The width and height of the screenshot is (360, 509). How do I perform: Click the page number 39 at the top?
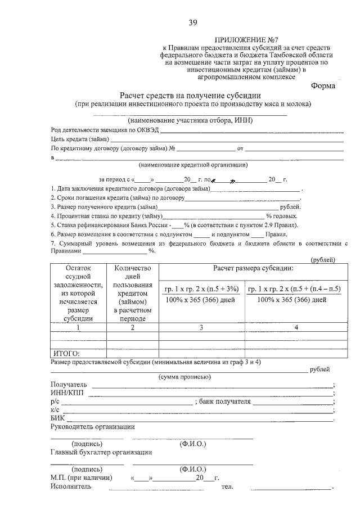point(192,22)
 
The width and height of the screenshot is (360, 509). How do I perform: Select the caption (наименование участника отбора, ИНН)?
point(191,120)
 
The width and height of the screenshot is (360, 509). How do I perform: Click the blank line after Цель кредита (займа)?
point(225,139)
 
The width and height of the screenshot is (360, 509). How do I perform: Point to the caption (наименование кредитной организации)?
point(193,165)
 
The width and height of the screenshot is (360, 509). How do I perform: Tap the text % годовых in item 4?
point(282,215)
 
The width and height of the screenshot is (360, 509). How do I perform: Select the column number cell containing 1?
point(78,327)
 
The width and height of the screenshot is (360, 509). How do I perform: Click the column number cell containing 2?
point(133,327)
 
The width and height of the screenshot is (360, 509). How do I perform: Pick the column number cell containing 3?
point(201,327)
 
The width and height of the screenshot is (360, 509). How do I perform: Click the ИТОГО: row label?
point(66,354)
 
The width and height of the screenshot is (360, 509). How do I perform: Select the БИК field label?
point(58,418)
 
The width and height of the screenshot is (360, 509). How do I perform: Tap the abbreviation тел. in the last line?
point(227,487)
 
